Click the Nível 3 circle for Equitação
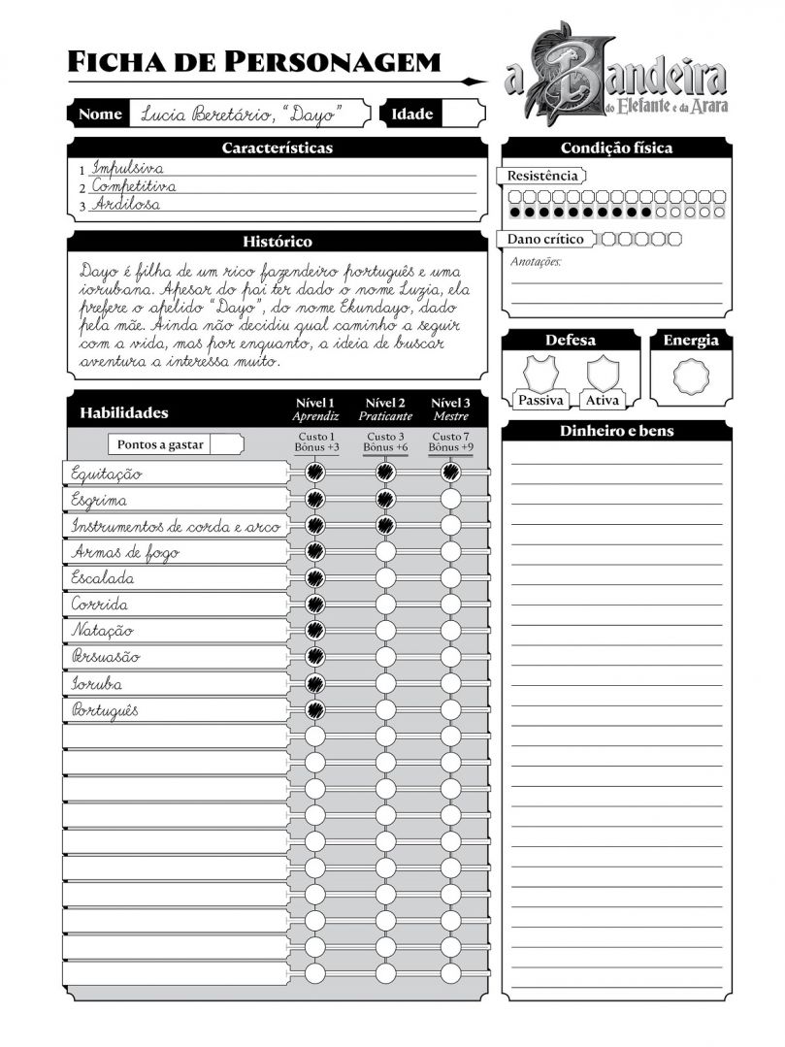tap(450, 473)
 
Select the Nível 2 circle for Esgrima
tap(385, 499)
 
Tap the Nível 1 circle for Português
tap(314, 709)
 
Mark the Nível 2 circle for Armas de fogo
tap(385, 551)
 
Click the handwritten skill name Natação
tap(102, 631)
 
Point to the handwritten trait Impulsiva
tap(127, 168)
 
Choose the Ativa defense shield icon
tap(603, 374)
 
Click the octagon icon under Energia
tap(691, 376)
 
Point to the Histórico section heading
tap(277, 241)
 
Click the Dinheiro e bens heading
tap(616, 431)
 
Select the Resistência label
tap(542, 176)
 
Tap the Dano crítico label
tap(544, 239)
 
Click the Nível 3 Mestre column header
tap(450, 409)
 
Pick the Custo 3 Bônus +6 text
tap(385, 442)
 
